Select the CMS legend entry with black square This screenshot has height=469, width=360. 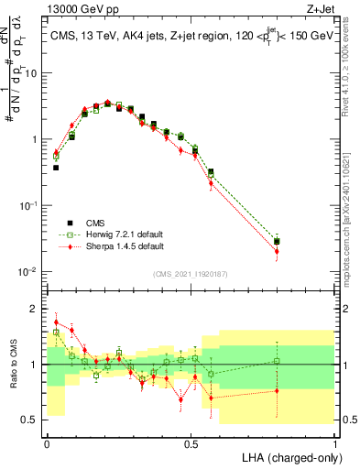click(93, 222)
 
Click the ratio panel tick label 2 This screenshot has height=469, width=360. click(33, 309)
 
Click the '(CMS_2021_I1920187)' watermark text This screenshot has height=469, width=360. click(190, 274)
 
